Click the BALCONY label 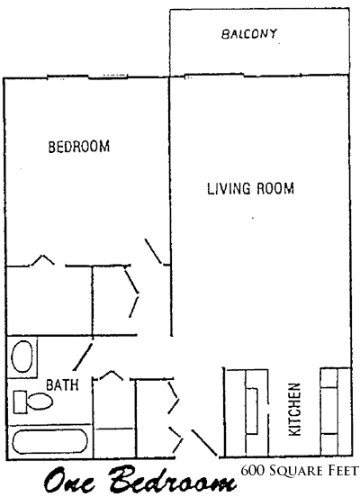tap(249, 34)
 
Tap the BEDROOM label tap(79, 147)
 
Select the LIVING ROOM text tap(250, 188)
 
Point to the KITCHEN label tap(294, 409)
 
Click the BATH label tap(62, 384)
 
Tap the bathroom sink tap(22, 357)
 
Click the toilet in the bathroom tap(33, 402)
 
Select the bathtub tap(49, 441)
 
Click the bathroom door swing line tap(83, 357)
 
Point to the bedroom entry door tap(154, 251)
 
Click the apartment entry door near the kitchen tap(204, 443)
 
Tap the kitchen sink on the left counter tap(252, 411)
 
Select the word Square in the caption tap(296, 471)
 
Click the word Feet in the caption tap(343, 471)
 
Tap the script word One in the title tap(69, 482)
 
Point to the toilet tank tap(20, 402)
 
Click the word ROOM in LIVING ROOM tap(275, 188)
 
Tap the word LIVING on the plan tap(229, 188)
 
